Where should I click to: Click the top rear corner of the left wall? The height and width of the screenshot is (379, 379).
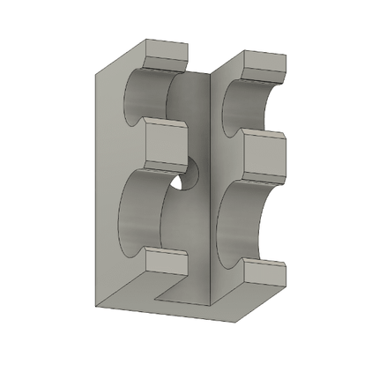coord(145,39)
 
